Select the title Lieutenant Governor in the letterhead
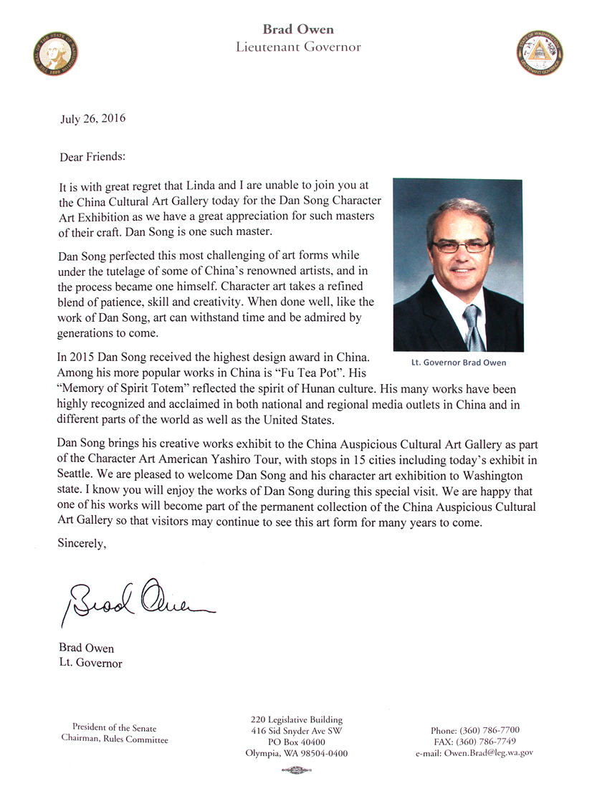[x=298, y=47]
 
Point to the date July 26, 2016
[x=92, y=119]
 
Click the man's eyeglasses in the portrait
[x=459, y=246]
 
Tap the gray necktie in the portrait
[x=472, y=326]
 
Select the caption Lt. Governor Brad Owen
[x=459, y=363]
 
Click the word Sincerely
[x=82, y=545]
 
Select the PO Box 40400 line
[x=297, y=742]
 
